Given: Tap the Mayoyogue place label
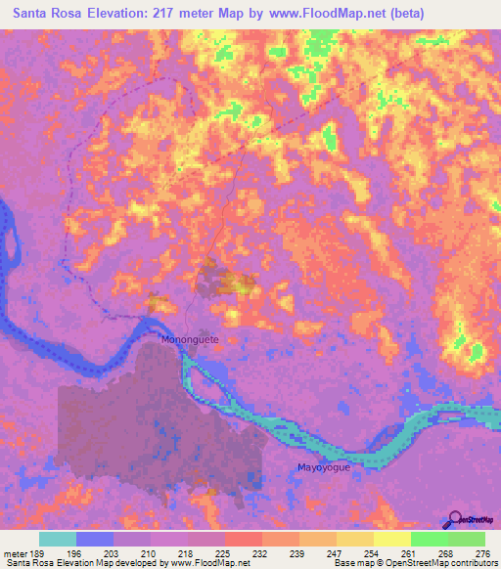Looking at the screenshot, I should point(323,467).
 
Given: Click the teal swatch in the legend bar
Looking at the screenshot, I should point(58,539).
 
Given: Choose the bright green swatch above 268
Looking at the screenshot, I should point(429,539).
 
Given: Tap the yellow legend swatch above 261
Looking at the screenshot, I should point(391,539).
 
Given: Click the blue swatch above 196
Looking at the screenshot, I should point(95,539).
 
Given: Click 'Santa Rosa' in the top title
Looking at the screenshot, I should point(46,13).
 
